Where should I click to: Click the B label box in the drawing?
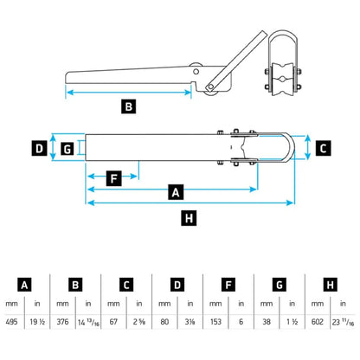127,107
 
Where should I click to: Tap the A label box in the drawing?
177,190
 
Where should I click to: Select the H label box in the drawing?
190,217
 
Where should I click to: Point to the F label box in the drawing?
112,179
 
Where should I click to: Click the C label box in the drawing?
322,148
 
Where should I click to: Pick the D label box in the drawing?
39,148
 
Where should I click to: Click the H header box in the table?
328,284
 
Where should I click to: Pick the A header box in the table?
25,284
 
